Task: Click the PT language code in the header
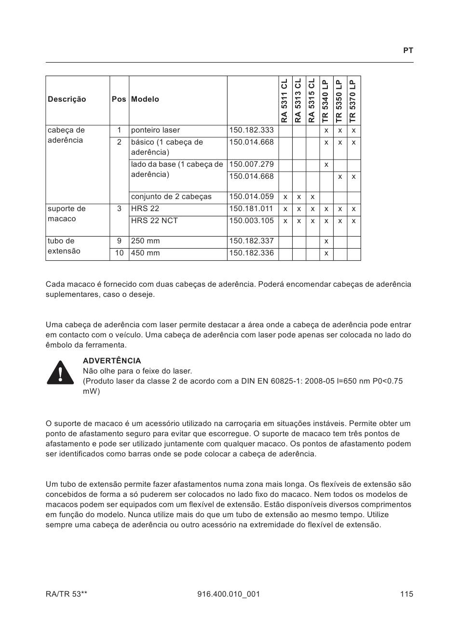click(x=408, y=51)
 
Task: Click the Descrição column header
click(x=67, y=99)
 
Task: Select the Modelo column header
click(x=145, y=99)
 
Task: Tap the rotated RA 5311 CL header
click(x=285, y=100)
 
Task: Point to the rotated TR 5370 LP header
click(x=353, y=100)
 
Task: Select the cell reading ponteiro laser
click(x=155, y=130)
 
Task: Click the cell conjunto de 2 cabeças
click(x=171, y=197)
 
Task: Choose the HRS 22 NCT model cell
click(x=154, y=221)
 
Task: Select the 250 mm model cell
click(x=145, y=241)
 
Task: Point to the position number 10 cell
click(x=119, y=253)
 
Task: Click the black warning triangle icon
click(x=60, y=373)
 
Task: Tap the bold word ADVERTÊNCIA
click(x=112, y=361)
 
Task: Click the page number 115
click(x=406, y=594)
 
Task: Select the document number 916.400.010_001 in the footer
click(x=229, y=594)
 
